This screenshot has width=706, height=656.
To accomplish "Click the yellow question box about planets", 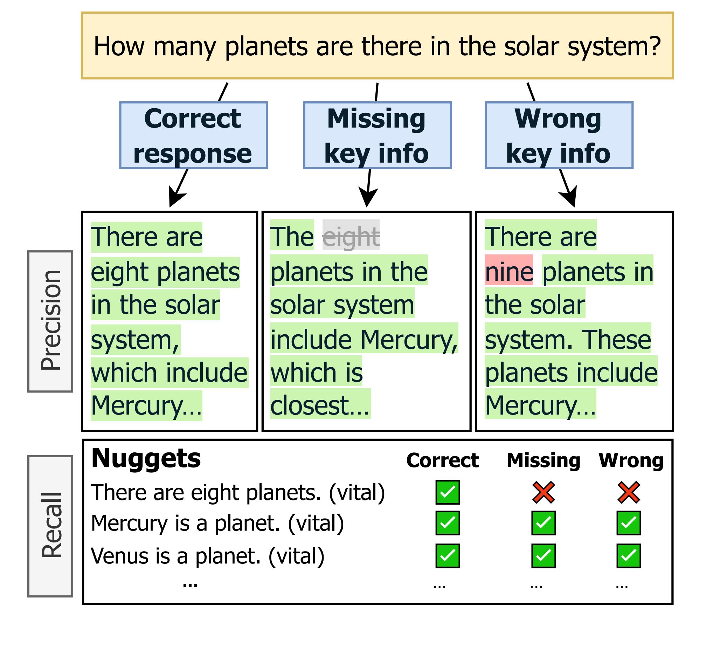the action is click(377, 46).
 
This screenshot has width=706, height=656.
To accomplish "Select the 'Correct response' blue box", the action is click(193, 135).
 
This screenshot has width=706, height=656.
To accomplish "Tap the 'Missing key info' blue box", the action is click(377, 135).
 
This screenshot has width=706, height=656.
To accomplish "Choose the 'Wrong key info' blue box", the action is click(559, 135).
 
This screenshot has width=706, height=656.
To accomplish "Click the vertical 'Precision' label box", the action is click(50, 321).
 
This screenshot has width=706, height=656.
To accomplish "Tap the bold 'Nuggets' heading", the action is click(146, 459).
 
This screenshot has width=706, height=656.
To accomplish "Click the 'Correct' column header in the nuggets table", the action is click(442, 460).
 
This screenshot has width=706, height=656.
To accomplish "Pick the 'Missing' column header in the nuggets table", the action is click(543, 460).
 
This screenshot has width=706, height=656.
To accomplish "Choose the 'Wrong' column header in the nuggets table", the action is click(631, 460).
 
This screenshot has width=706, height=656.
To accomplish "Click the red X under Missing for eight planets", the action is click(543, 492).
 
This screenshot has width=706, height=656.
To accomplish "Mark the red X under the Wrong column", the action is click(628, 492).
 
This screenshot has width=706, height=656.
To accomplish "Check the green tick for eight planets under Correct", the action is click(448, 492).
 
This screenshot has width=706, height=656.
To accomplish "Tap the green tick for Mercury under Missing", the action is click(543, 523).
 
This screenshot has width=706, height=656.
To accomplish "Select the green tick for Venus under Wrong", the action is click(628, 556).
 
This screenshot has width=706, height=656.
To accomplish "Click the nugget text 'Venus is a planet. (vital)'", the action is click(208, 556).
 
